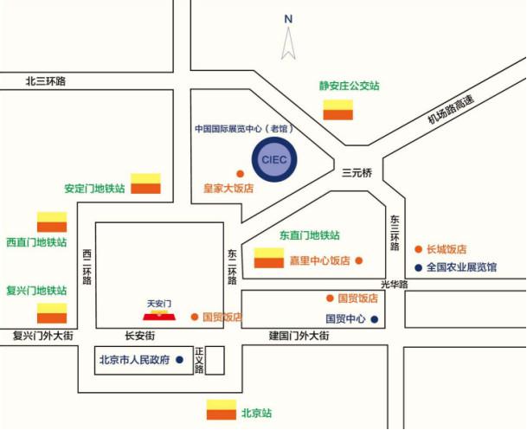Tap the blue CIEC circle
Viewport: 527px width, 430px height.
274,159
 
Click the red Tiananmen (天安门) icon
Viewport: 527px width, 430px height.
159,316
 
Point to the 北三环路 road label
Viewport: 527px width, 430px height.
46,81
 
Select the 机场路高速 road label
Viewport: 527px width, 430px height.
451,109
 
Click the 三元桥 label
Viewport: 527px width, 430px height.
357,173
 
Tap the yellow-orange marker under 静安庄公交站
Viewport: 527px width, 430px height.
338,110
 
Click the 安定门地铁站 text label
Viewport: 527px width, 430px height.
94,189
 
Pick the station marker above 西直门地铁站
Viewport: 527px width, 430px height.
52,221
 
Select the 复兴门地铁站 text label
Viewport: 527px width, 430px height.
36,291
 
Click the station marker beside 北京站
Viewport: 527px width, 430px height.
222,410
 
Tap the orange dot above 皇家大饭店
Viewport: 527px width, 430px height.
240,174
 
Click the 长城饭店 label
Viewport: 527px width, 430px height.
447,249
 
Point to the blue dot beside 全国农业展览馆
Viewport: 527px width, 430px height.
419,267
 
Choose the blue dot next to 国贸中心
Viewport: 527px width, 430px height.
374,319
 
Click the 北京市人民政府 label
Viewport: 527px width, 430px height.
134,360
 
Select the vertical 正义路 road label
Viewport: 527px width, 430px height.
199,361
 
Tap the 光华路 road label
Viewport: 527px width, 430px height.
395,285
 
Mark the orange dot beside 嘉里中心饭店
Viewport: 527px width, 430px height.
359,260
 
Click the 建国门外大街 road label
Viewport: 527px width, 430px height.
299,336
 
